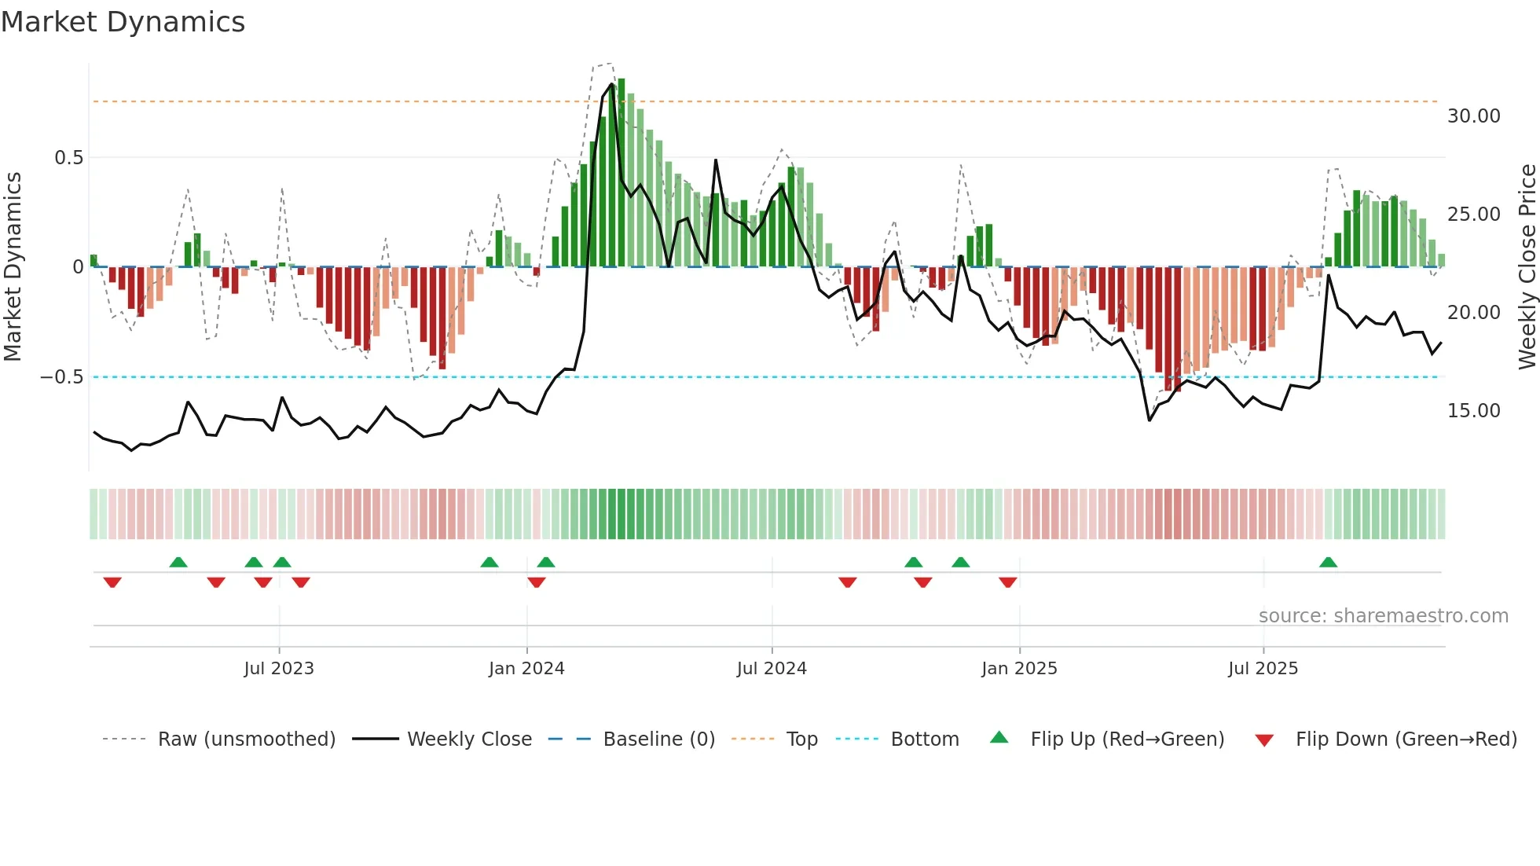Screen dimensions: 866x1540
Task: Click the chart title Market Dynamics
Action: point(123,22)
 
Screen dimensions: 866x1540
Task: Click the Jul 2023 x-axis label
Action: point(278,669)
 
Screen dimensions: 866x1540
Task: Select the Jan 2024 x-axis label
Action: point(526,669)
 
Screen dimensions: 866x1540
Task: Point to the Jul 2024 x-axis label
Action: point(771,669)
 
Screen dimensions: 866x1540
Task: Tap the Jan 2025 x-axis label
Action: point(1018,669)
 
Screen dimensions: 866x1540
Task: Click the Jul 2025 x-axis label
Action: point(1263,669)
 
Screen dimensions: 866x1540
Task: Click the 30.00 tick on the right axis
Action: point(1473,116)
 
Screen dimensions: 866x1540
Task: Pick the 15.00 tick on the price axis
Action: point(1473,411)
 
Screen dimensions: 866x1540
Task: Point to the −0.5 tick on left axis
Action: point(61,377)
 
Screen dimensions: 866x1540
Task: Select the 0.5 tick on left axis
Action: point(68,158)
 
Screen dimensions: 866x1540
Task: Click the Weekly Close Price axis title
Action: point(1527,267)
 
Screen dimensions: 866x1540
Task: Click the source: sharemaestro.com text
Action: point(1383,616)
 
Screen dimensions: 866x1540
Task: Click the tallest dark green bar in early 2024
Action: point(621,173)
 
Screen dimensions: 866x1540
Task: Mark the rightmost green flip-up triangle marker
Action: point(1328,563)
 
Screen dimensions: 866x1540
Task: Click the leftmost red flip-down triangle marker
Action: point(112,582)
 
